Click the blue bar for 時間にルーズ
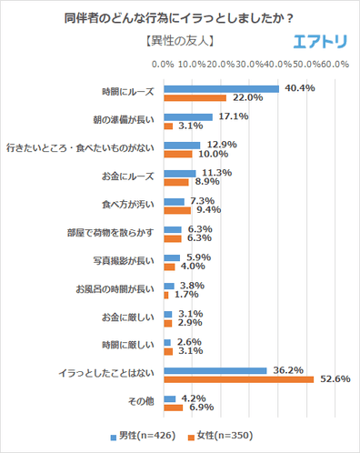221,89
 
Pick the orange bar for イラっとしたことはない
238,379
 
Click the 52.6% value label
331,379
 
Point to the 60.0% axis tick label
335,65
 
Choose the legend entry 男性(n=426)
145,435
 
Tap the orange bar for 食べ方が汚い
176,210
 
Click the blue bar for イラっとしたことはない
215,370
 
